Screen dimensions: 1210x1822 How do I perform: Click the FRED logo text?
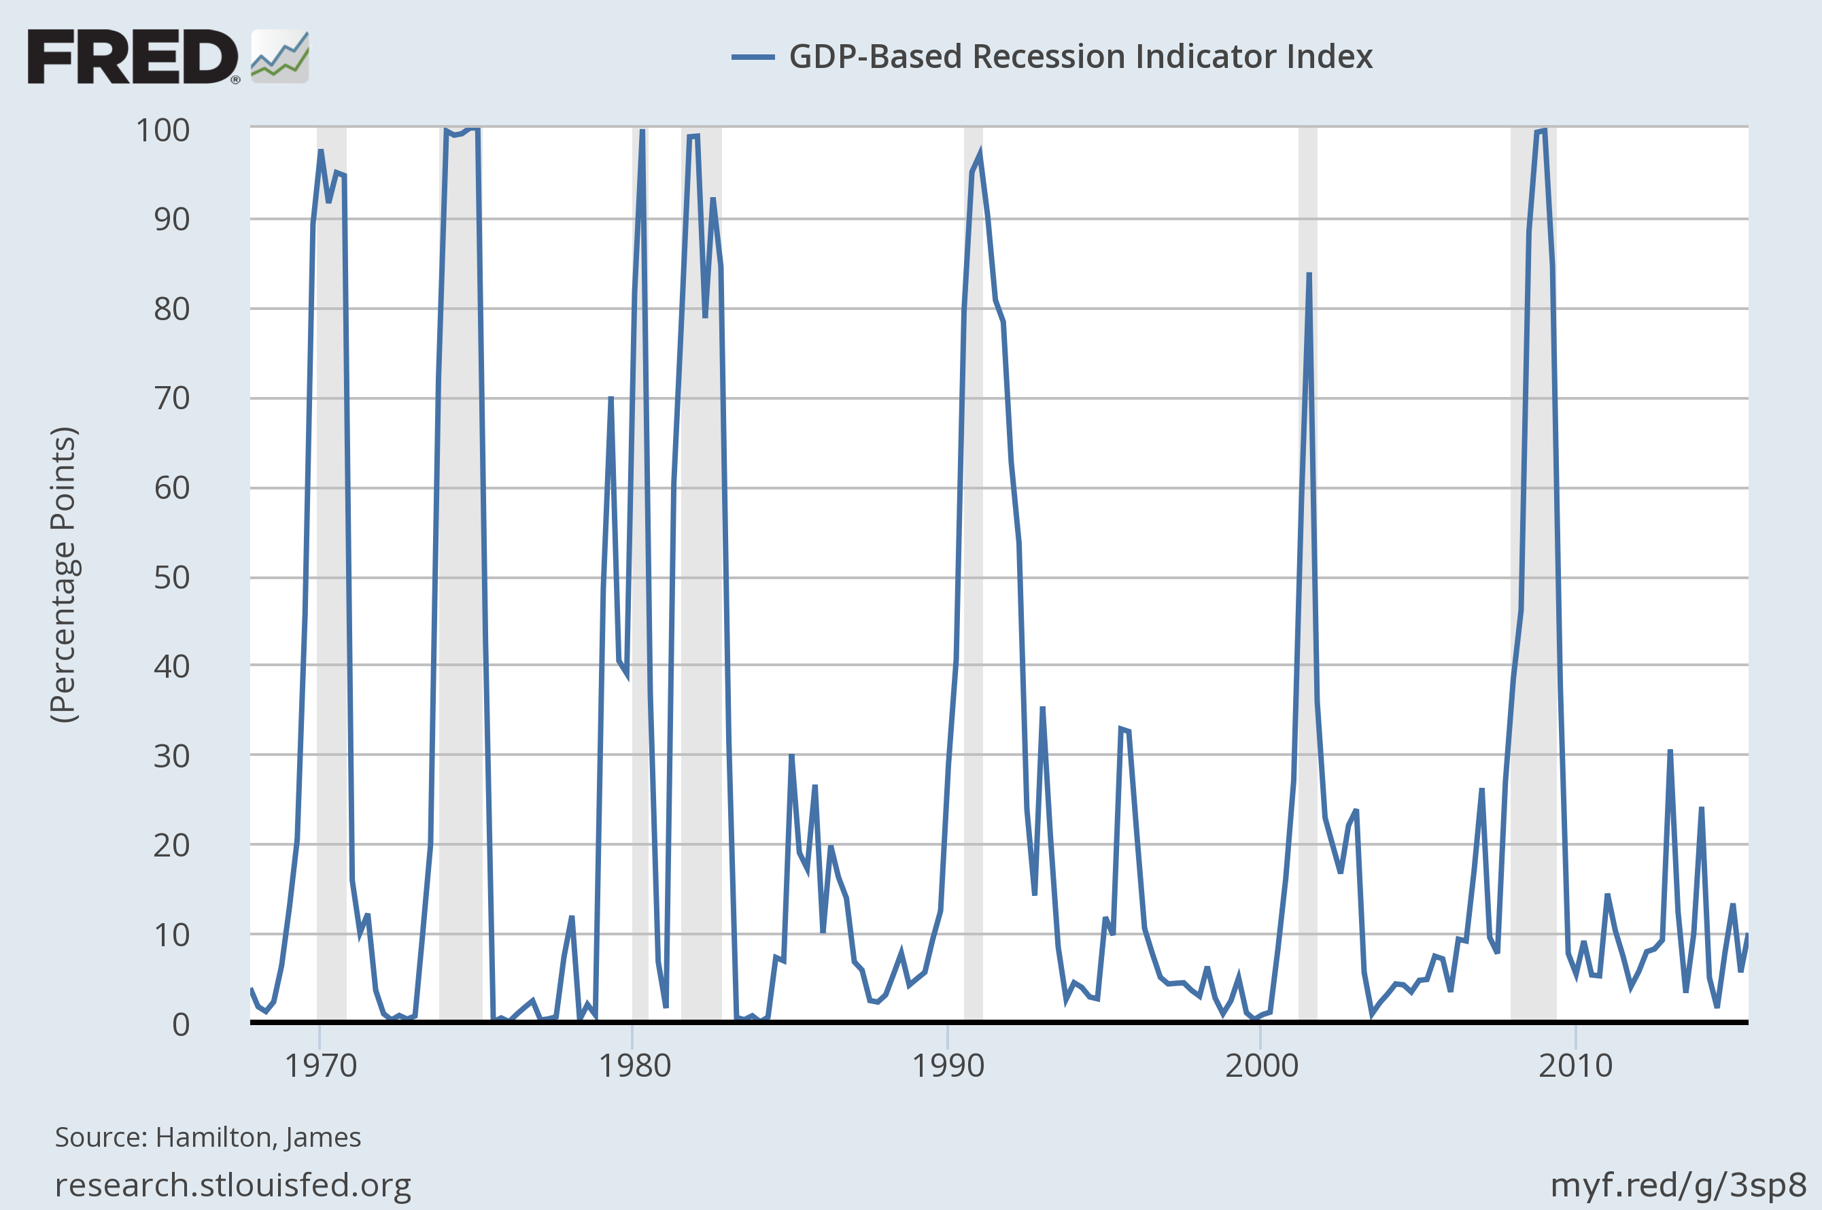tap(133, 56)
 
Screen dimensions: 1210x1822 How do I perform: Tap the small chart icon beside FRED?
tap(279, 56)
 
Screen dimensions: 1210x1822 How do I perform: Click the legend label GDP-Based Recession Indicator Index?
tap(1080, 56)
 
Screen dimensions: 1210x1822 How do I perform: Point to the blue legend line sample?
tap(753, 56)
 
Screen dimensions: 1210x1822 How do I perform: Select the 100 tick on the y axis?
tap(163, 130)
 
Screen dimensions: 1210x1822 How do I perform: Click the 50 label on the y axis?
tap(171, 577)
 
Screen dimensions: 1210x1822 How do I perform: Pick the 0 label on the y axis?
tap(181, 1024)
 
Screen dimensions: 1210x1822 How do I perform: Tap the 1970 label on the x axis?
tap(320, 1066)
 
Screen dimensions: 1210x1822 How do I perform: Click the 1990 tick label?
tap(948, 1066)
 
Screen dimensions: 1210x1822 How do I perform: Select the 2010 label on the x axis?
tap(1575, 1066)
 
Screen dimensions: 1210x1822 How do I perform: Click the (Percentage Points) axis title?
tap(63, 574)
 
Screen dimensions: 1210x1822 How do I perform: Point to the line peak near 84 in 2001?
tap(1309, 274)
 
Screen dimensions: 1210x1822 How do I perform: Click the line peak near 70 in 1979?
tap(611, 398)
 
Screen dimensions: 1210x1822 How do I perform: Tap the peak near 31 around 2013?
tap(1669, 751)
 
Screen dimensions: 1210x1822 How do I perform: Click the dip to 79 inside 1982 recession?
tap(704, 316)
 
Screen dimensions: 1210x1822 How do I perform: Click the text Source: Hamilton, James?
tap(207, 1137)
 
